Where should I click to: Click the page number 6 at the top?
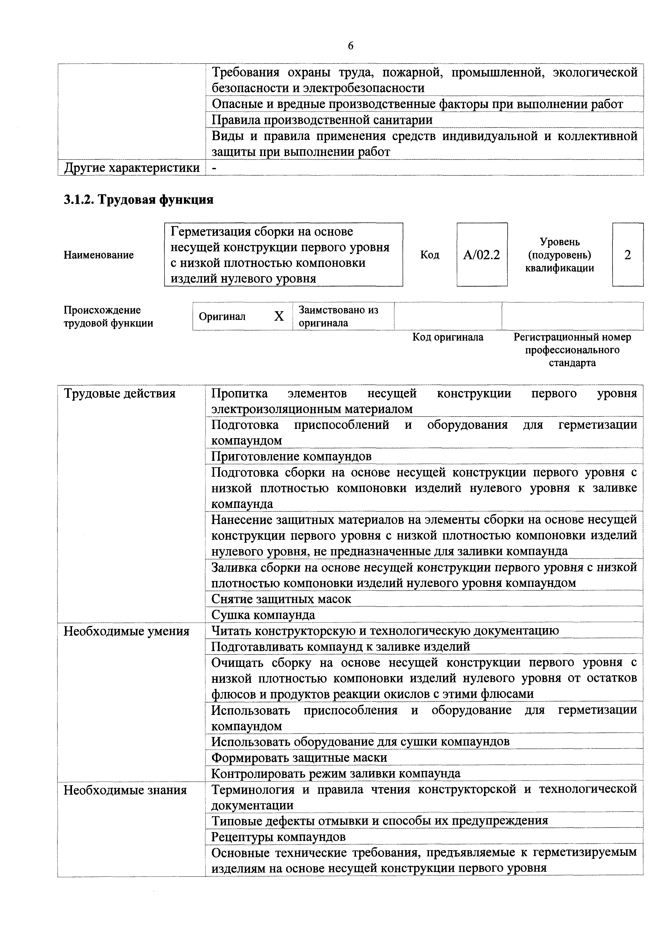[351, 46]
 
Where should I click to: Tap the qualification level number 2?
[627, 255]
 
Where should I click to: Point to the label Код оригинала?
[448, 337]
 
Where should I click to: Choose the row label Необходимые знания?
[125, 790]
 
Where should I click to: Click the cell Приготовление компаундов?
[291, 456]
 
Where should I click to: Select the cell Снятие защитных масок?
[281, 599]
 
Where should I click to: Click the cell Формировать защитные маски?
[299, 758]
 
